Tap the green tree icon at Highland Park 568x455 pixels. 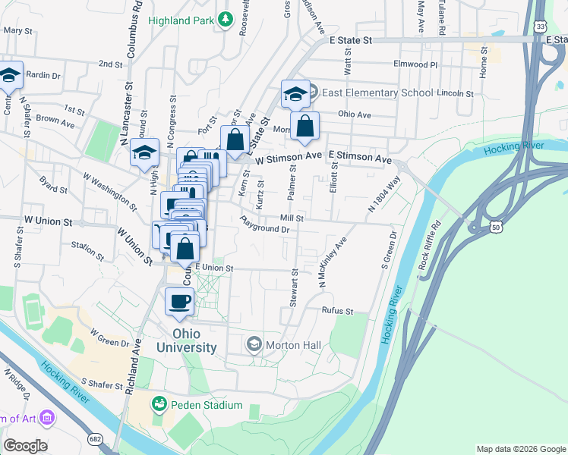point(225,19)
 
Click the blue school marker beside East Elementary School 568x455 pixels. point(295,94)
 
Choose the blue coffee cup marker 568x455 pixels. point(180,301)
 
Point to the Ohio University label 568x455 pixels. point(186,340)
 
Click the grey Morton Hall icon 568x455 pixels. point(254,345)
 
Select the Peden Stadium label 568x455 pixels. point(206,405)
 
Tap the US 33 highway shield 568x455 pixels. point(539,26)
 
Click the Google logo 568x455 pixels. point(25,446)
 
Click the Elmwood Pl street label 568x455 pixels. point(415,64)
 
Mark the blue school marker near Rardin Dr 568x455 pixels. point(9,75)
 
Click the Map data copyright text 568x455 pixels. point(521,449)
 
